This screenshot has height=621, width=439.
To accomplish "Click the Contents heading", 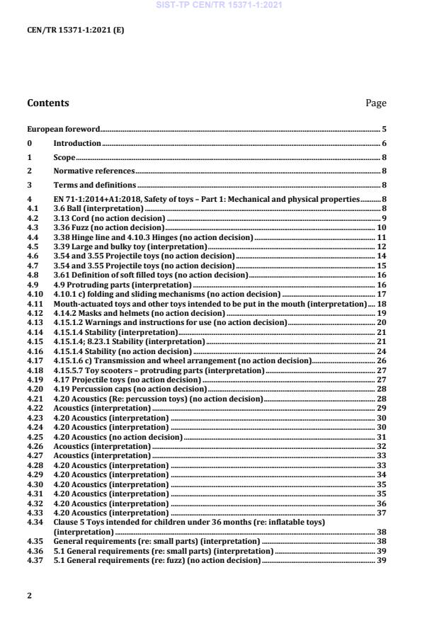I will pos(48,103).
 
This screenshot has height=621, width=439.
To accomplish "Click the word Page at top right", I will pos(375,103).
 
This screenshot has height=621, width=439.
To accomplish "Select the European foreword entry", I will pos(63,130).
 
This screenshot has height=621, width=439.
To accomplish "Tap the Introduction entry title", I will pos(77,143).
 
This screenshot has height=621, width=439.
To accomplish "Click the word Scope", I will pos(64,157).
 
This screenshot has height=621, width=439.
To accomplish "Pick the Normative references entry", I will pos(94,171).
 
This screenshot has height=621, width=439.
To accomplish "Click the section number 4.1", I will pos(32,208).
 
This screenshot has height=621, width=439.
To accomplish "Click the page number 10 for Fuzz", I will pos(381,227).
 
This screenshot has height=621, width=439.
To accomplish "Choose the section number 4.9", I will pos(32,284).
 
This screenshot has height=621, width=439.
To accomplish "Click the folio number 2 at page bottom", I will pos(29,596).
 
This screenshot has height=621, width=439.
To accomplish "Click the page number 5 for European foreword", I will pos(383,130).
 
